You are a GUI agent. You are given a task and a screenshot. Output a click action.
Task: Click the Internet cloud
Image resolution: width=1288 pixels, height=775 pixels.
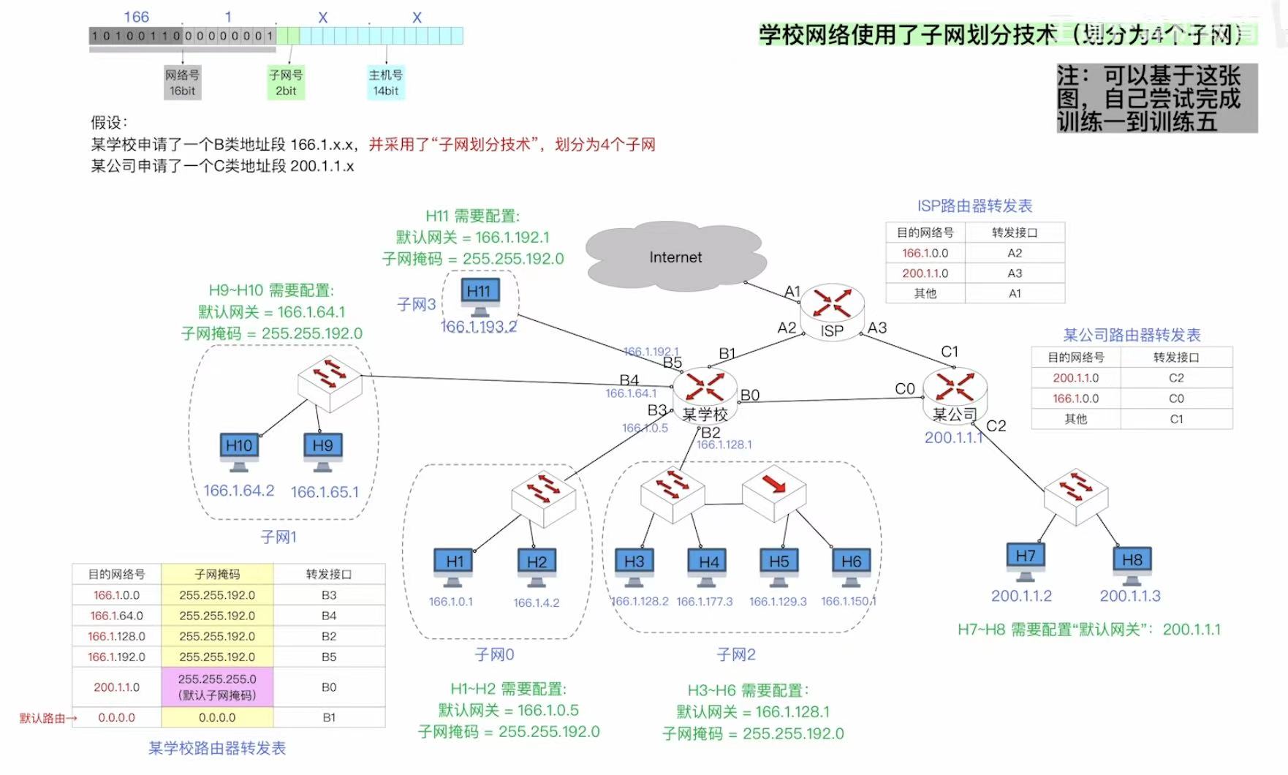675,257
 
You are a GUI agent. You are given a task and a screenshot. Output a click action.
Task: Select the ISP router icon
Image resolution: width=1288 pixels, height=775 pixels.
832,306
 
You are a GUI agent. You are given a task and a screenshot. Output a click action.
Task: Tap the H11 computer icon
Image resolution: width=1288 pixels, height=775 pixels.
480,295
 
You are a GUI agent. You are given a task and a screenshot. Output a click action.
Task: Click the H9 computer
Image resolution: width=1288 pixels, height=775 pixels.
322,450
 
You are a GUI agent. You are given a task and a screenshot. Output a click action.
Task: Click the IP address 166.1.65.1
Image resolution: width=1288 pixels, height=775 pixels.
325,492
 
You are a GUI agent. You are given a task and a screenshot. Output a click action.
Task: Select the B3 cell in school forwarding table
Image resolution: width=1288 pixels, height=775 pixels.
329,595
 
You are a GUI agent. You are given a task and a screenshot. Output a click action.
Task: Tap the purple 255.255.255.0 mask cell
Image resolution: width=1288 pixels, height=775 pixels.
217,687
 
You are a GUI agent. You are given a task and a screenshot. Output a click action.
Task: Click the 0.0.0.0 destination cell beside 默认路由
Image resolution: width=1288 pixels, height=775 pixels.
117,717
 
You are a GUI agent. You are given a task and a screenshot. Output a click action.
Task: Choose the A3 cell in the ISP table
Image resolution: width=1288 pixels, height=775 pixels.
1015,273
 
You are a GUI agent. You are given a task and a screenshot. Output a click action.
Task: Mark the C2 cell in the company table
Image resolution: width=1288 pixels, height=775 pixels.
1175,378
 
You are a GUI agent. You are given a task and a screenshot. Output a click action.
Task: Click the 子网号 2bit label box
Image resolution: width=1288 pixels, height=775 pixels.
286,83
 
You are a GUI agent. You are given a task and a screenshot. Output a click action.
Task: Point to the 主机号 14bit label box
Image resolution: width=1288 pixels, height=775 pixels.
385,83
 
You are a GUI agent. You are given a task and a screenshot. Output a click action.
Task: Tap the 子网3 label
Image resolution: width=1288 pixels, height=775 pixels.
416,304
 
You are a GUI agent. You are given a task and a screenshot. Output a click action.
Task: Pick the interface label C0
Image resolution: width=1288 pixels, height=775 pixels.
904,389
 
